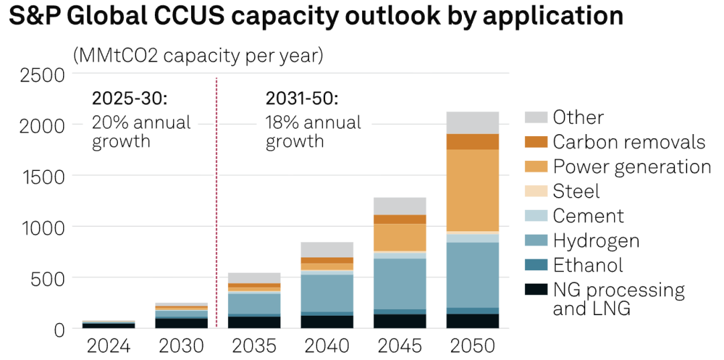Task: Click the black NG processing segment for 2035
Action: click(255, 322)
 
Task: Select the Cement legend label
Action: click(588, 216)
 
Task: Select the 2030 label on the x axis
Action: click(182, 346)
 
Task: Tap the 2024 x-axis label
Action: click(109, 346)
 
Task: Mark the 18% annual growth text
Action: click(313, 132)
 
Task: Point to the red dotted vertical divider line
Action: click(217, 201)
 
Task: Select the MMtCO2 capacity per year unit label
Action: click(198, 55)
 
